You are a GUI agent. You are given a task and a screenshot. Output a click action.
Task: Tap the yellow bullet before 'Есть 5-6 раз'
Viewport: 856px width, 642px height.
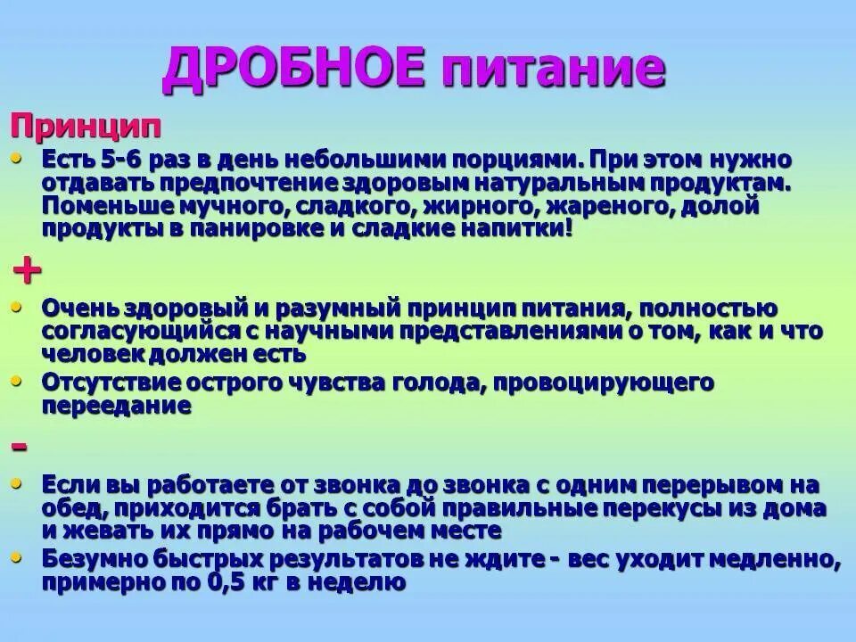pyautogui.click(x=20, y=158)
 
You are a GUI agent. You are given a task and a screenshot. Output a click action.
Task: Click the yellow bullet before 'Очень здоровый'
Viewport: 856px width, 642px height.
pyautogui.click(x=20, y=307)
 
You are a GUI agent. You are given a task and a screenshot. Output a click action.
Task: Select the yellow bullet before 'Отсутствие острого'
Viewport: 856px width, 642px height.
pyautogui.click(x=20, y=381)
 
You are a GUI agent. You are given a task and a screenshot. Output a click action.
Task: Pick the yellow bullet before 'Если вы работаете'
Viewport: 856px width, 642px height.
pyautogui.click(x=20, y=484)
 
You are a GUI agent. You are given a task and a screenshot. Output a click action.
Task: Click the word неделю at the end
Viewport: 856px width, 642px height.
pyautogui.click(x=365, y=583)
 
